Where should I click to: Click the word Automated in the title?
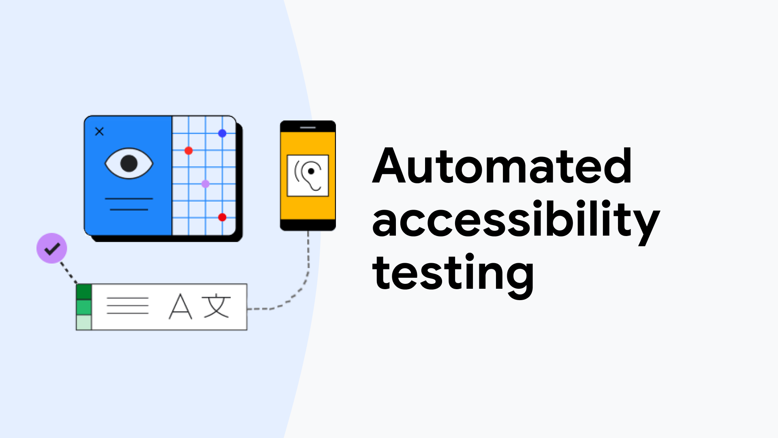[502, 166]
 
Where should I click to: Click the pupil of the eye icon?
[129, 163]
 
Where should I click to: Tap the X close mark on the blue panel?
[99, 131]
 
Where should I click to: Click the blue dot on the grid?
[222, 133]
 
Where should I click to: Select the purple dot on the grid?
[205, 184]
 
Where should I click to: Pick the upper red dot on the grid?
[188, 151]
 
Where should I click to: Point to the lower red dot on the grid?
[222, 217]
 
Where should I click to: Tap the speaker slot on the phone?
[308, 128]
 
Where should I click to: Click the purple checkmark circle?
[52, 248]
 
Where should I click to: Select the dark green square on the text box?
[84, 292]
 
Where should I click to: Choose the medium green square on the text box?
[84, 307]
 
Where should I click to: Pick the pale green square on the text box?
[84, 322]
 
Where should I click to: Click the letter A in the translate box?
[180, 307]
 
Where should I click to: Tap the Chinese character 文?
[217, 306]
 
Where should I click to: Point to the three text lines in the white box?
[128, 306]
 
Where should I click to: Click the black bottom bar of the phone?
[308, 225]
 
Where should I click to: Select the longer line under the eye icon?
[129, 199]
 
